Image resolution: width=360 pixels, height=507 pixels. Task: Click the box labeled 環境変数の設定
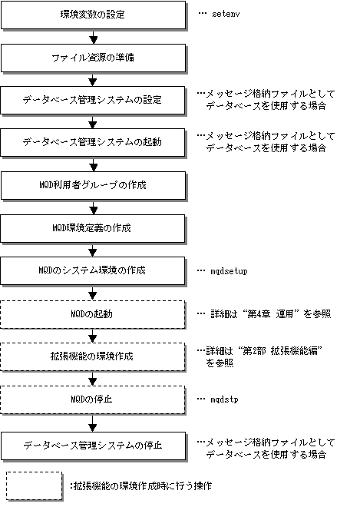[x=94, y=15]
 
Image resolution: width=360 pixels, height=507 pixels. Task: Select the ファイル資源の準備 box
[x=94, y=58]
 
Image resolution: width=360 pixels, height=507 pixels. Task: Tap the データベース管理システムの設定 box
[x=93, y=100]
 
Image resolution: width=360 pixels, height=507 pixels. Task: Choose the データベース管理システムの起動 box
[x=93, y=143]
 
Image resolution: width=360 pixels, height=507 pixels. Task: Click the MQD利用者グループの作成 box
[x=94, y=186]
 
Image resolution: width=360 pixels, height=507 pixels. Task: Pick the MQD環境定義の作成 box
[x=93, y=229]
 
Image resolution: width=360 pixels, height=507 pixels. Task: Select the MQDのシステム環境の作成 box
[x=93, y=271]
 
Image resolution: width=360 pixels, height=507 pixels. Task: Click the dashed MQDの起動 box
[x=93, y=315]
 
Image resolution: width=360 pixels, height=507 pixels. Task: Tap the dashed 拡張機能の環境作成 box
[x=93, y=356]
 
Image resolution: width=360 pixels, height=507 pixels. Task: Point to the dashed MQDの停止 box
[x=93, y=399]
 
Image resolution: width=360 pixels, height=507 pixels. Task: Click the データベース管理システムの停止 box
[x=94, y=446]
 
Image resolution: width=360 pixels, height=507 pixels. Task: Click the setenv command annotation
[x=226, y=15]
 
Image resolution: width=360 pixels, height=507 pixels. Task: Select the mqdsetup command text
[x=229, y=271]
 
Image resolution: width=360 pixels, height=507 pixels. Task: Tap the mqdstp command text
[x=224, y=399]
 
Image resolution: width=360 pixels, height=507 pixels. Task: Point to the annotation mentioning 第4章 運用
[x=271, y=314]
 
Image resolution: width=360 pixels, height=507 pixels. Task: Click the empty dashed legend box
[x=35, y=485]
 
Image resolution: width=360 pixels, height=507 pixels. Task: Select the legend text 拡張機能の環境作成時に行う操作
[x=143, y=485]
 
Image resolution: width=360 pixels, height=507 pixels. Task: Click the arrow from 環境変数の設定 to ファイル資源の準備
[x=94, y=37]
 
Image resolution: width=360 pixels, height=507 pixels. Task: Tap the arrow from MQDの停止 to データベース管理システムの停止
[x=93, y=423]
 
